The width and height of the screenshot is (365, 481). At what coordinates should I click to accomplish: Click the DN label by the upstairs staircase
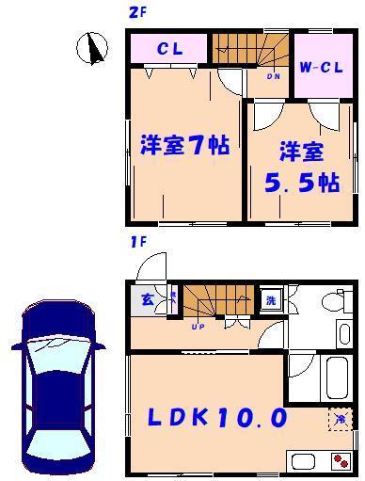274,76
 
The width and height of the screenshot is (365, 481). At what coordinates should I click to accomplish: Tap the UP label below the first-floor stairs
198,327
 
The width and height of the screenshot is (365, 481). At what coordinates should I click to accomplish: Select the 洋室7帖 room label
184,147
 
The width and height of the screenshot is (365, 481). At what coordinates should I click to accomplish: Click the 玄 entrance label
149,300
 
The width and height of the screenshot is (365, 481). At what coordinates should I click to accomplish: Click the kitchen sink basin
306,462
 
